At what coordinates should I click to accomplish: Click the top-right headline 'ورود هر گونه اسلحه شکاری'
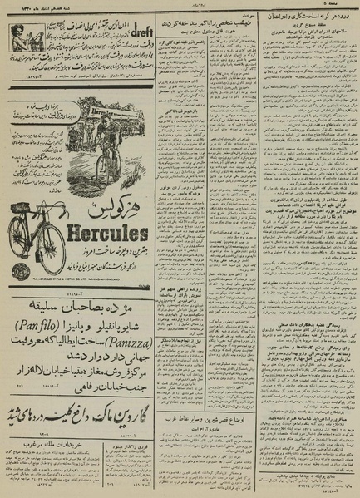coord(312,17)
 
